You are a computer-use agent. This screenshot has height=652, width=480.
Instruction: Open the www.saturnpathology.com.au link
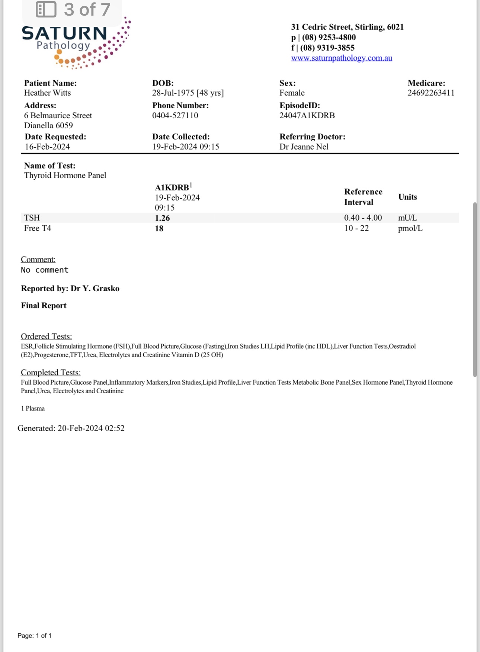[x=341, y=58]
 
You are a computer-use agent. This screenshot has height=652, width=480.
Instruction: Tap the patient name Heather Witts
[x=47, y=93]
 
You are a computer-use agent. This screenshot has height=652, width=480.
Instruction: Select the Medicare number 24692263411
[x=431, y=93]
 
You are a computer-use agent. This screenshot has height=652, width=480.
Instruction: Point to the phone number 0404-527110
[x=175, y=116]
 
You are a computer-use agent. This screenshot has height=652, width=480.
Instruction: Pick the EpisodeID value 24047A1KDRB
[x=307, y=116]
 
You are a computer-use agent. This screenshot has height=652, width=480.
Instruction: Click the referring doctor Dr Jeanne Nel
[x=304, y=147]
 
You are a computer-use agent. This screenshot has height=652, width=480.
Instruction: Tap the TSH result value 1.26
[x=162, y=218]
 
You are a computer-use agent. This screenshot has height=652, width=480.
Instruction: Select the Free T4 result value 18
[x=159, y=229]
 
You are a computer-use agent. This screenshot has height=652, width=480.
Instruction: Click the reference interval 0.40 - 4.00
[x=363, y=218]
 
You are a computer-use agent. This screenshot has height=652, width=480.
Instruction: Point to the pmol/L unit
[x=410, y=228]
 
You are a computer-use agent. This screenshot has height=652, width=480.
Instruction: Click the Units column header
[x=407, y=197]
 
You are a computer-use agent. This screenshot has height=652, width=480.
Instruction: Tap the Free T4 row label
[x=38, y=228]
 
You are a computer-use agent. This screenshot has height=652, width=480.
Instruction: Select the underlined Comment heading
[x=38, y=259]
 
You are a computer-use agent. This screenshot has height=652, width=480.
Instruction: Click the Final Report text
[x=44, y=306]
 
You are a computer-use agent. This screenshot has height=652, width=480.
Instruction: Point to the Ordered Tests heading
[x=46, y=337]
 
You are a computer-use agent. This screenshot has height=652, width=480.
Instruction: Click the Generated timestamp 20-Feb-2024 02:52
[x=91, y=428]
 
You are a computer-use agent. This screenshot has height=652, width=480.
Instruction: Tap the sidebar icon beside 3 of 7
[x=46, y=10]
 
